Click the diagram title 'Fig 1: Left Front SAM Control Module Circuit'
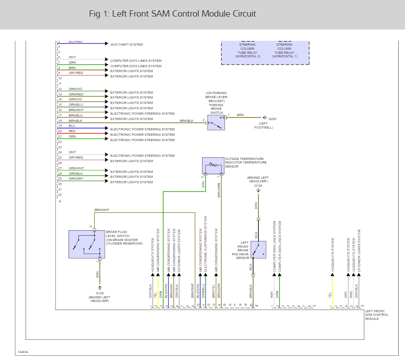tap(172, 14)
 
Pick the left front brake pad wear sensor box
tap(258, 250)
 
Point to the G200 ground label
tap(272, 119)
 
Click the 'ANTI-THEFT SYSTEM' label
tap(126, 44)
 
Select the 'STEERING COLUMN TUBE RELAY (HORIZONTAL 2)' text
tap(247, 51)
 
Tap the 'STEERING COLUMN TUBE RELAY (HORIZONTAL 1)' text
tap(284, 51)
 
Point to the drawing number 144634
tap(23, 352)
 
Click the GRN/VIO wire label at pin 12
tap(75, 89)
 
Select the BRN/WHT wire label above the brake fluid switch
tap(102, 210)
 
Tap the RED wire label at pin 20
tap(72, 131)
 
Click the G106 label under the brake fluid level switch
tap(99, 293)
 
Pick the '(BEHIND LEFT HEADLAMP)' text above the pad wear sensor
tap(258, 179)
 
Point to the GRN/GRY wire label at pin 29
tap(76, 178)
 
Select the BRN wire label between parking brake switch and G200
tap(241, 115)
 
